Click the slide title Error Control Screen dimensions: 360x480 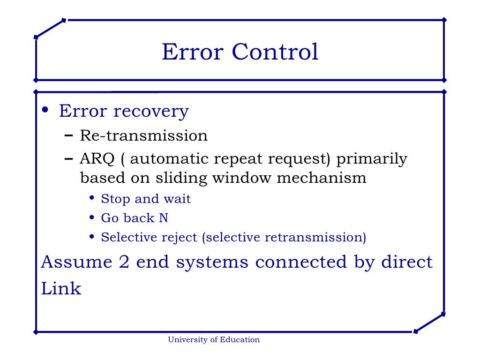click(240, 52)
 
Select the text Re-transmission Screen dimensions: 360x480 click(143, 135)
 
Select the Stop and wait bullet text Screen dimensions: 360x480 click(146, 199)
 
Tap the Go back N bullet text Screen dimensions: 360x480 click(135, 218)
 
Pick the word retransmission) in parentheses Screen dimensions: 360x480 click(315, 237)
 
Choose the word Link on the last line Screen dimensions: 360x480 click(61, 288)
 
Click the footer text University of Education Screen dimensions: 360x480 click(214, 340)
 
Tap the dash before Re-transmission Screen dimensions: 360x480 click(68, 135)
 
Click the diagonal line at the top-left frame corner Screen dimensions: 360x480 click(50, 29)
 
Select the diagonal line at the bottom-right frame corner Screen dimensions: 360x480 click(429, 323)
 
